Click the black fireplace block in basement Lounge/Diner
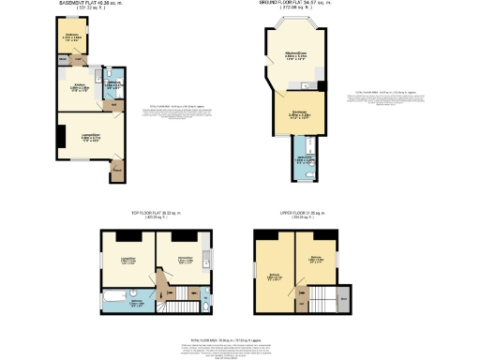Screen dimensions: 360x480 [60, 137]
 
